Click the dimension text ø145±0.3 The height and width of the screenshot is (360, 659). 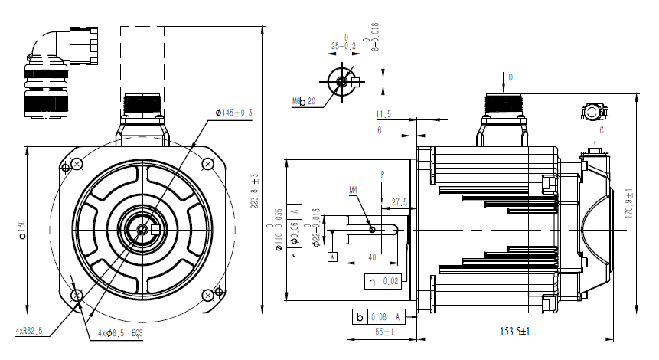coord(234,113)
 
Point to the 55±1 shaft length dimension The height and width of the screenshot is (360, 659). coord(383,333)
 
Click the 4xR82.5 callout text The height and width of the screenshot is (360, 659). coord(28,331)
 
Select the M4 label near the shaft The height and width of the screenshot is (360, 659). coord(354,188)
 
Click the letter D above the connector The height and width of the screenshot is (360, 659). coord(511,77)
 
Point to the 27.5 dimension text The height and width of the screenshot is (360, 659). coord(399,203)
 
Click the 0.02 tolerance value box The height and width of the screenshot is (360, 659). coord(392,281)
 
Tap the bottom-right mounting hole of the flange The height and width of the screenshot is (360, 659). coord(208,294)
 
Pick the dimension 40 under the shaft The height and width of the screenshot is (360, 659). coord(371,257)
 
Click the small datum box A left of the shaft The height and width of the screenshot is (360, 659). coord(332,256)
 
